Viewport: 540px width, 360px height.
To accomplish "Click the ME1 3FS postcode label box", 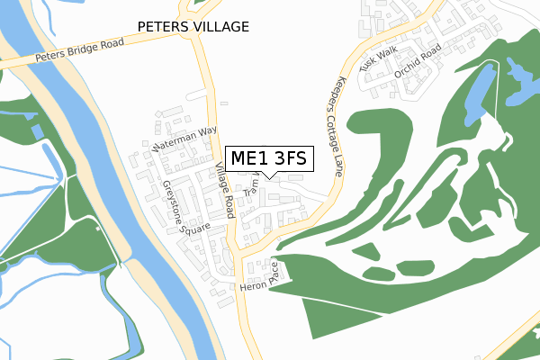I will coord(268,159).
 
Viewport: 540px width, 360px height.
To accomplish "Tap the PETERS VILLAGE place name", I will coord(193,27).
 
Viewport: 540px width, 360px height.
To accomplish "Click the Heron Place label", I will coord(262,279).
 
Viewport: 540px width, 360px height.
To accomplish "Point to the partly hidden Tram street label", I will coord(250,186).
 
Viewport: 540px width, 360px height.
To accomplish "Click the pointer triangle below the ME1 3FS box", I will coord(268,176).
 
